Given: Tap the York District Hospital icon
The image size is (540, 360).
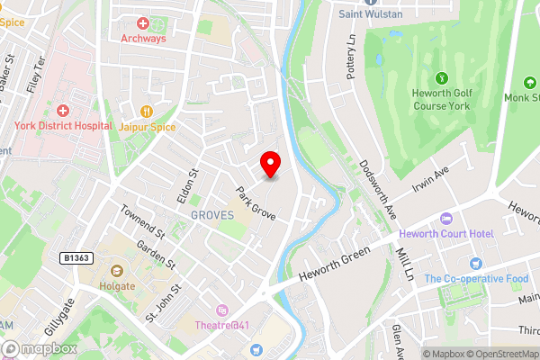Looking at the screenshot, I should (x=63, y=110).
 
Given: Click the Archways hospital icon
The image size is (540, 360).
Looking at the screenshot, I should (x=142, y=22).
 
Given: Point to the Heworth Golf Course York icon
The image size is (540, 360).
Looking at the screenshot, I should (x=441, y=80).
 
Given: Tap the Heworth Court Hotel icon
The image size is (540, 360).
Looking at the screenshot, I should (x=445, y=219).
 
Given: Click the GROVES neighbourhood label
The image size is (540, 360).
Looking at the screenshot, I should (x=212, y=215).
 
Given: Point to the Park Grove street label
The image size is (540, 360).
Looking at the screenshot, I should (x=256, y=203).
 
